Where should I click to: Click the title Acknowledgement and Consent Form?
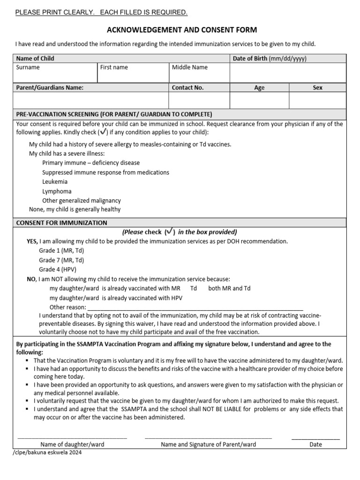click(x=182, y=30)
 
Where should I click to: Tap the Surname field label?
click(x=28, y=67)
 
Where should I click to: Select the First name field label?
click(x=114, y=67)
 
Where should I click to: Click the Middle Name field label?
click(x=189, y=67)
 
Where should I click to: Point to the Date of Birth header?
click(x=270, y=59)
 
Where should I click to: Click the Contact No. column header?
click(x=187, y=88)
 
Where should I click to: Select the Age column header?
click(x=259, y=88)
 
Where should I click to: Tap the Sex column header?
click(x=317, y=88)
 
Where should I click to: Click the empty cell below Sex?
click(x=317, y=100)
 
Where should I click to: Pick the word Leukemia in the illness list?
click(x=55, y=181)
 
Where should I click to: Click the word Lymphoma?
click(x=57, y=191)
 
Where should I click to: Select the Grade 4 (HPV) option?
click(x=57, y=270)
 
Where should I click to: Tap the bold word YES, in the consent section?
click(x=32, y=241)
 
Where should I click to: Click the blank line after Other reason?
click(x=195, y=308)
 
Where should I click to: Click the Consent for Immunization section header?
click(x=62, y=223)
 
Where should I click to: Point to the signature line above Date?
click(x=315, y=438)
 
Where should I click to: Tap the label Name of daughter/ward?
click(x=72, y=444)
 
